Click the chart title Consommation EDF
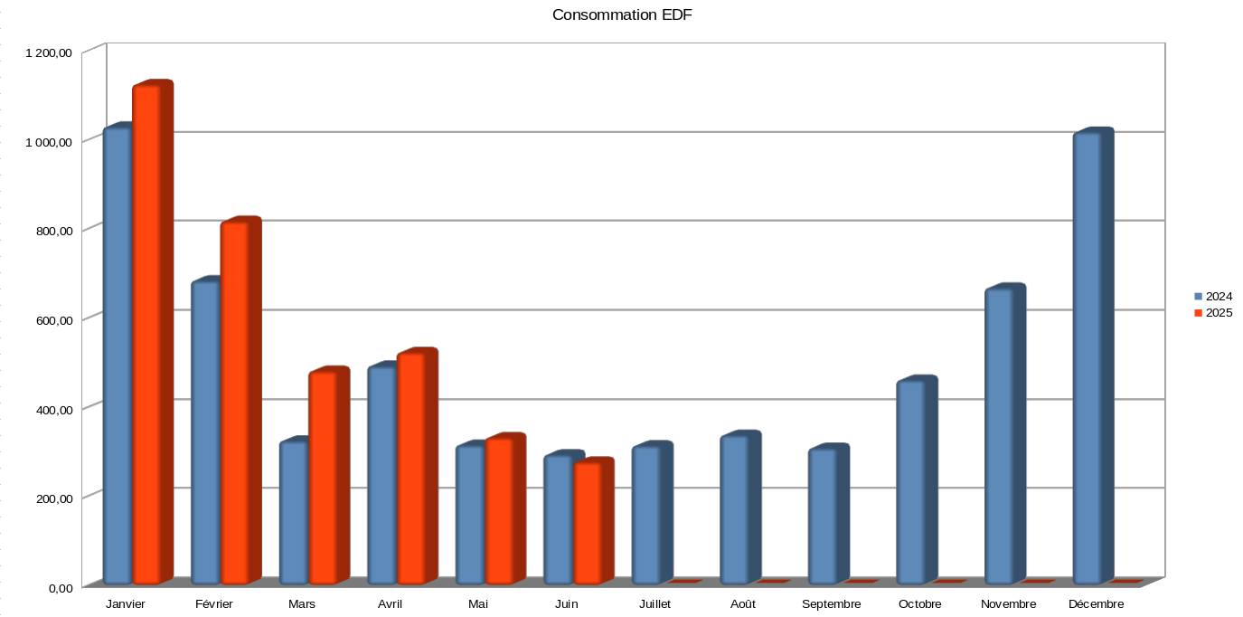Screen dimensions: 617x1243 tap(622, 14)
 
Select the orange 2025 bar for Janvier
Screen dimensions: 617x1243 tap(146, 335)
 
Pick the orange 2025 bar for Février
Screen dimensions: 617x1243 tap(234, 403)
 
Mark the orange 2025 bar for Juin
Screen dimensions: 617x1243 tap(587, 522)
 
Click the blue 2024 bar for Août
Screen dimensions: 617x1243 tap(734, 510)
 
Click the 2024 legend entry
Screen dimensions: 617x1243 tap(1213, 296)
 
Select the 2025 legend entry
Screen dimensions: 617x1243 tap(1213, 313)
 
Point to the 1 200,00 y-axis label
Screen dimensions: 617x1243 tap(49, 53)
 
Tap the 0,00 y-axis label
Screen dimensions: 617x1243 tap(61, 588)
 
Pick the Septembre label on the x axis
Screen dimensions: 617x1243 tap(831, 604)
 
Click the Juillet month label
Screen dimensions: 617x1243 tap(654, 604)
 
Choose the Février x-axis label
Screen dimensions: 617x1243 tap(213, 604)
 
